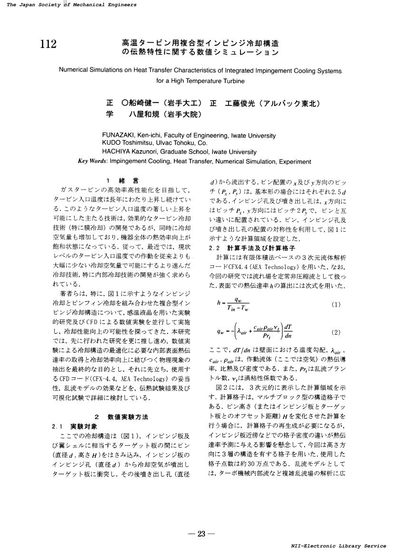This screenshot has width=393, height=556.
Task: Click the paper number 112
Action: click(x=49, y=44)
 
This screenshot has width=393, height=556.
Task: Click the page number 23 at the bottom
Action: click(x=201, y=534)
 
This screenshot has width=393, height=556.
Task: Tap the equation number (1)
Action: click(x=336, y=305)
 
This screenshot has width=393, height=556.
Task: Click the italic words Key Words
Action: click(x=92, y=161)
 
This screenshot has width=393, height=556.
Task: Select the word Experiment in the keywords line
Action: click(x=295, y=161)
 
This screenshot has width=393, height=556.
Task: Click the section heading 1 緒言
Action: click(x=123, y=181)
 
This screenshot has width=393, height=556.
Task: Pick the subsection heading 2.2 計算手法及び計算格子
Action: click(x=252, y=248)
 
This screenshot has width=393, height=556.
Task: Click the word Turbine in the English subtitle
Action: click(x=234, y=81)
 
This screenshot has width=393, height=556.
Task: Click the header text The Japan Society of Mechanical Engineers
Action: click(x=72, y=5)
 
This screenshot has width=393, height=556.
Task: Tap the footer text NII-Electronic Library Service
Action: click(x=338, y=546)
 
